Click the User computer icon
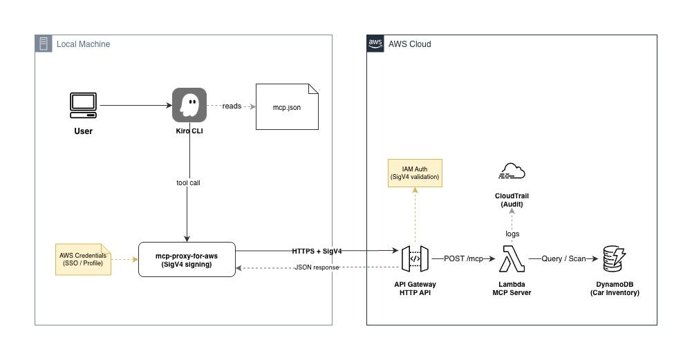pyautogui.click(x=83, y=106)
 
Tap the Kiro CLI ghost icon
pyautogui.click(x=189, y=105)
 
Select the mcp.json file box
pyautogui.click(x=287, y=107)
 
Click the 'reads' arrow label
pyautogui.click(x=232, y=106)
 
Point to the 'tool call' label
pyautogui.click(x=189, y=182)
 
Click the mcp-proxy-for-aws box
pyautogui.click(x=187, y=259)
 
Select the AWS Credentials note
pyautogui.click(x=83, y=259)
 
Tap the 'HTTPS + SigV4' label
pyautogui.click(x=317, y=251)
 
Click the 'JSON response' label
pyautogui.click(x=317, y=267)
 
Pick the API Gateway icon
pyautogui.click(x=415, y=259)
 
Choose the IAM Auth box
pyautogui.click(x=415, y=173)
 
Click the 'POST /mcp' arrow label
pyautogui.click(x=463, y=258)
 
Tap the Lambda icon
pyautogui.click(x=512, y=259)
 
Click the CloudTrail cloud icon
pyautogui.click(x=512, y=171)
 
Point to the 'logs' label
pyautogui.click(x=512, y=234)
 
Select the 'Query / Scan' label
pyautogui.click(x=563, y=258)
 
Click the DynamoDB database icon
pyautogui.click(x=615, y=259)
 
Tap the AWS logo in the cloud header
pyautogui.click(x=375, y=44)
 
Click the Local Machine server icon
pyautogui.click(x=44, y=44)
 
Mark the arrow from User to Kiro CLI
pyautogui.click(x=136, y=106)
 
